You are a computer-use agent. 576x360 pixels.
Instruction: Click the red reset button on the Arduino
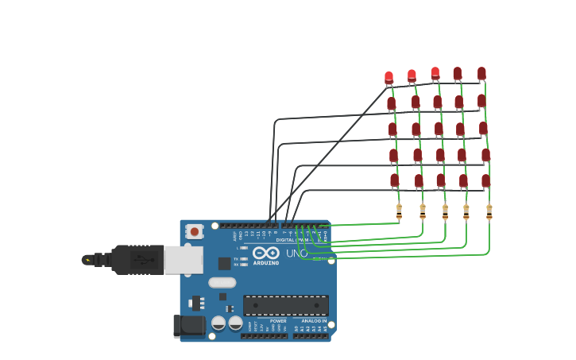[x=194, y=231]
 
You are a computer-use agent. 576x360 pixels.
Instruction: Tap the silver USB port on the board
[x=184, y=260]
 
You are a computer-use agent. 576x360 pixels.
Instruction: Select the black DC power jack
[x=189, y=325]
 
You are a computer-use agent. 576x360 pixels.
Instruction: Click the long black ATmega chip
[x=285, y=305]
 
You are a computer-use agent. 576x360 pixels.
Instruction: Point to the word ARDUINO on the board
[x=266, y=262]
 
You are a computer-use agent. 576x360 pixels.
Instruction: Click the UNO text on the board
[x=296, y=254]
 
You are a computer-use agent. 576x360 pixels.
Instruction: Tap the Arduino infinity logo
[x=266, y=253]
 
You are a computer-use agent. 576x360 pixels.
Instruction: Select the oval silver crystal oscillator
[x=222, y=282]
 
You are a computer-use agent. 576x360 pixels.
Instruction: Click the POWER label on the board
[x=278, y=321]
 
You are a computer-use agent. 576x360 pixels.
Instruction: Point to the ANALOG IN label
[x=314, y=321]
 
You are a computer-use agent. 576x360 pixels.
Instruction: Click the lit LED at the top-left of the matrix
[x=389, y=78]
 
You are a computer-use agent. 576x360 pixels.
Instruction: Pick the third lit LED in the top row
[x=435, y=73]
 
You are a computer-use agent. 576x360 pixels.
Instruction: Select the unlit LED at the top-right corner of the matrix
[x=481, y=73]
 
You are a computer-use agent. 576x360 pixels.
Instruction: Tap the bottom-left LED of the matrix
[x=394, y=181]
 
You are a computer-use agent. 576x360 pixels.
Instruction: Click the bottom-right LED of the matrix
[x=485, y=181]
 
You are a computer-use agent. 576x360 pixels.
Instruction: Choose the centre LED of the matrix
[x=439, y=129]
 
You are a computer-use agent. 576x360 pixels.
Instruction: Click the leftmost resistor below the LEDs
[x=399, y=211]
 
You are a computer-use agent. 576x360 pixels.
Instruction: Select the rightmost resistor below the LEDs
[x=489, y=212]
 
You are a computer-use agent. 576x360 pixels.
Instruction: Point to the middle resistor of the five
[x=445, y=212]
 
